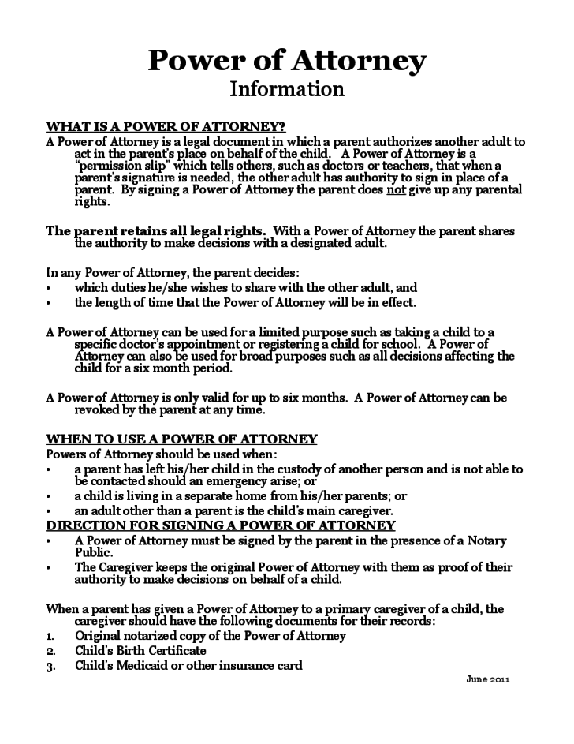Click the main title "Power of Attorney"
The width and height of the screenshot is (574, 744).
[287, 60]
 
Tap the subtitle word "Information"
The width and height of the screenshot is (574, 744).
[287, 88]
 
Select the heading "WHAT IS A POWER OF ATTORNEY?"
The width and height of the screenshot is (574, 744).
[166, 126]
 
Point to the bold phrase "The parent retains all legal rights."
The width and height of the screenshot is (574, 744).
[155, 231]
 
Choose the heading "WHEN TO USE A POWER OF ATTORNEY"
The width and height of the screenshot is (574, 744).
[181, 439]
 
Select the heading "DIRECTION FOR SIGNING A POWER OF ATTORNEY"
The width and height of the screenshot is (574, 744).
[220, 525]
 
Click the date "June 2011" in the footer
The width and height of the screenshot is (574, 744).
[488, 679]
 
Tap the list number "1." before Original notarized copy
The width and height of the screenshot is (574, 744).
[50, 636]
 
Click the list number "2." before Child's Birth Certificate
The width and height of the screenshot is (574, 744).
[50, 651]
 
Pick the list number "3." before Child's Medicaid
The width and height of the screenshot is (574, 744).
[50, 666]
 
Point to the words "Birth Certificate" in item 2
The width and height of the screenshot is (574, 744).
[158, 651]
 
